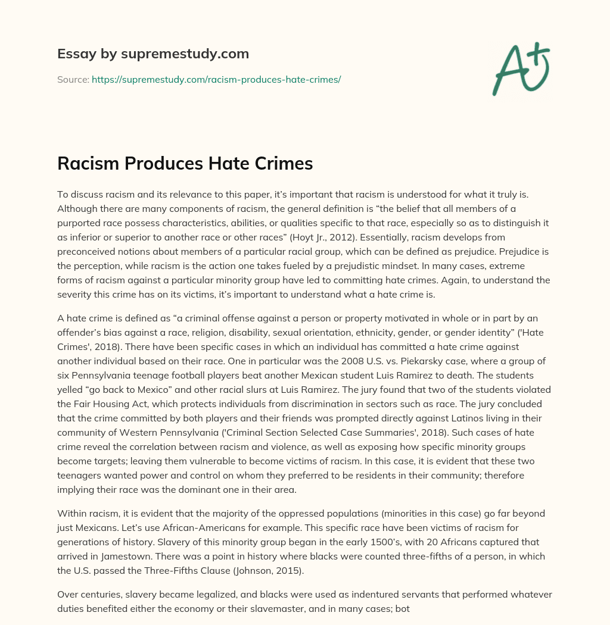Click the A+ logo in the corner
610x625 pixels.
point(521,69)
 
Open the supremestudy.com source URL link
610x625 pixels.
point(216,79)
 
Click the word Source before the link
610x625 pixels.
point(73,79)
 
